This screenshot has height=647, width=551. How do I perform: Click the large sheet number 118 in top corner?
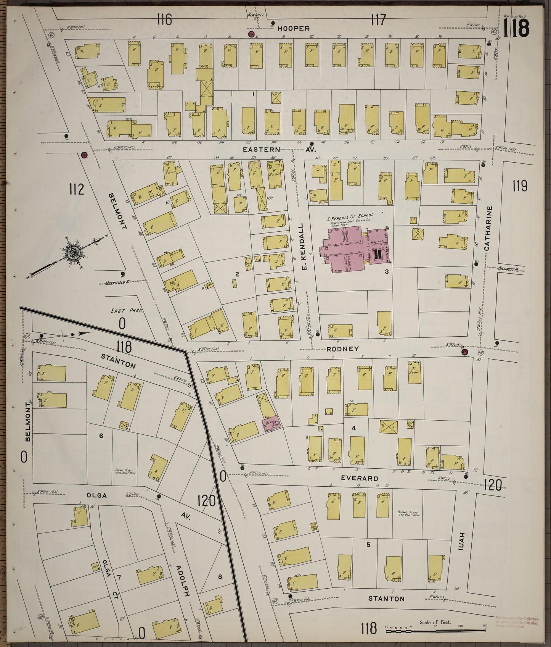[x=517, y=28]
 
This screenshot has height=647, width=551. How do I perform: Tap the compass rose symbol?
[x=72, y=253]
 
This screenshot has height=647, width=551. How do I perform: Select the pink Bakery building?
[x=271, y=425]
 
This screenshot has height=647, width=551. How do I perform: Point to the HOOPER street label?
[x=293, y=28]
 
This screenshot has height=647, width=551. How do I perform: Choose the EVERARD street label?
[x=360, y=478]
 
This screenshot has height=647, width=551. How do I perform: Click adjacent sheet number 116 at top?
[x=164, y=19]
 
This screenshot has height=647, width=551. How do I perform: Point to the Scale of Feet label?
[x=435, y=623]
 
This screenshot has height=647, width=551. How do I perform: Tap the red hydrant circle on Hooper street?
[x=251, y=34]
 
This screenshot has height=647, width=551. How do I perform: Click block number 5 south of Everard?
[x=368, y=545]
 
